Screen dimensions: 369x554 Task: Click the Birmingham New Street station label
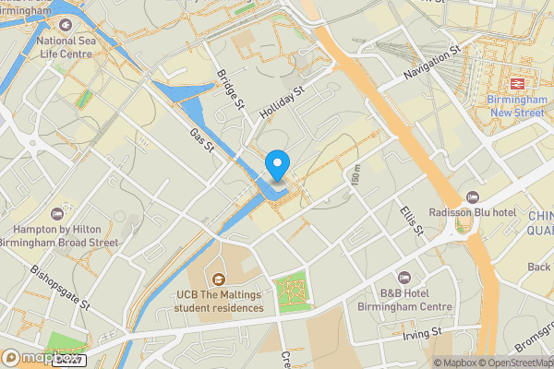click(516, 106)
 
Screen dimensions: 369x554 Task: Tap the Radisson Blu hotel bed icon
click(472, 196)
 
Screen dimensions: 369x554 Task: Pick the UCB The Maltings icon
click(218, 279)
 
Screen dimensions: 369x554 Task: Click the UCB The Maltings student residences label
click(220, 301)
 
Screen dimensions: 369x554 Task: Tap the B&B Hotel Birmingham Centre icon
click(403, 278)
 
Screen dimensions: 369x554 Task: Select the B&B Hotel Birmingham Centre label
click(406, 301)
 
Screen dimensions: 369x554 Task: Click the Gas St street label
click(201, 141)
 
